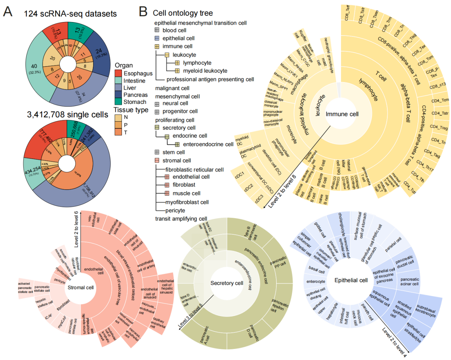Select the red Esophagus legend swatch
coord(118,73)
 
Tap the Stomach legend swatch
coord(118,102)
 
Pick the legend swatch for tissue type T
coord(118,132)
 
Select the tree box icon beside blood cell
coord(157,30)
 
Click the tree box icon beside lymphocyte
coord(177,63)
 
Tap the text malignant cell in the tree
coord(172,88)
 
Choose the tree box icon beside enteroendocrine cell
coord(177,144)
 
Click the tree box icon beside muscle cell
coord(167,194)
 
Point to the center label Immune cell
coord(342,114)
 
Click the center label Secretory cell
coord(227,283)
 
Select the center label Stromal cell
coord(80,287)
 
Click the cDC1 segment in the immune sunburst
coord(240,175)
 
